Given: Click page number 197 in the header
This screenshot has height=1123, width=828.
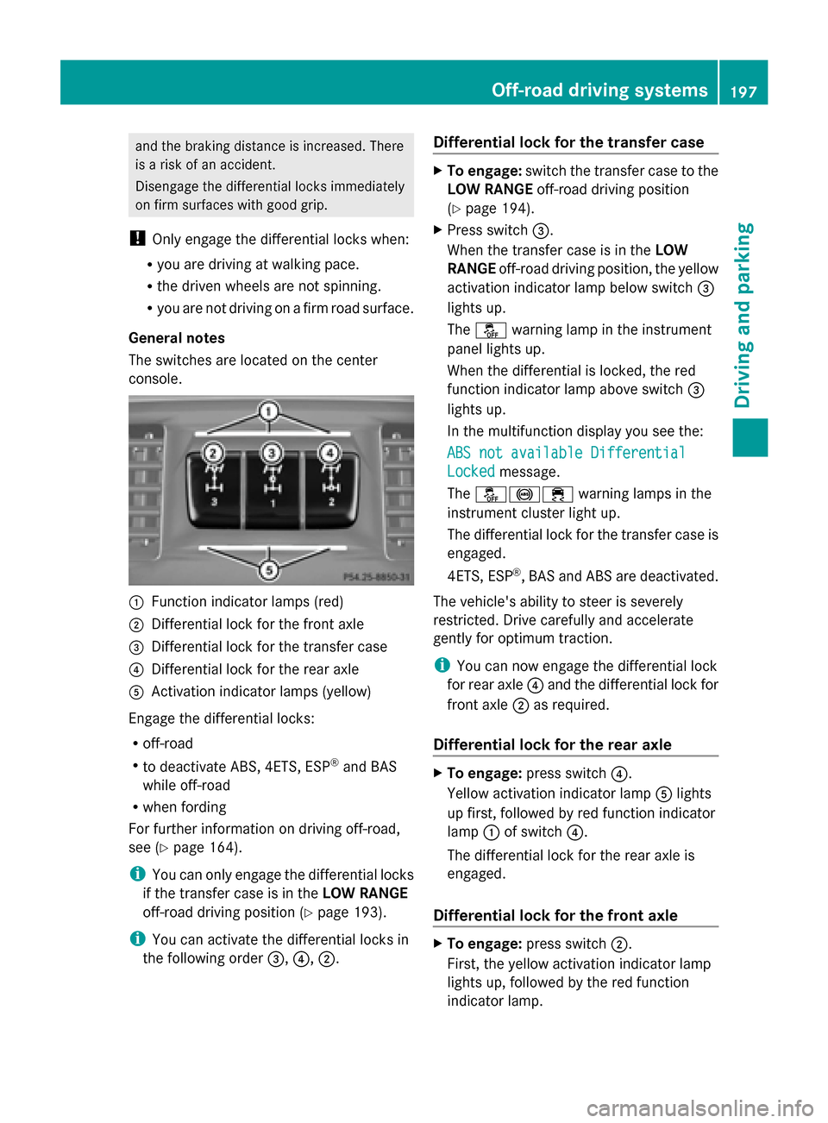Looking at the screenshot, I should pos(743,91).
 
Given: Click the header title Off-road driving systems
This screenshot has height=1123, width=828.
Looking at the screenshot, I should pos(599,90).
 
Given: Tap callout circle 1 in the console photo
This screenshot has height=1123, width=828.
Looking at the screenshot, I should pos(269,411).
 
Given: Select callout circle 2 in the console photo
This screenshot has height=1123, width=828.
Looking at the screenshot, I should pos(213,453).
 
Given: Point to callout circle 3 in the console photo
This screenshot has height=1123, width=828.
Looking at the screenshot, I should pos(271,453).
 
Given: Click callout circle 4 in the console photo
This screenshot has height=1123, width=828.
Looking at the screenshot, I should pos(329,453).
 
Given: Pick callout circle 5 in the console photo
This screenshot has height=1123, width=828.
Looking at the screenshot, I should pos(269,569).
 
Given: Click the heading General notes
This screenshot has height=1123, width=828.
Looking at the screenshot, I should pos(177,338).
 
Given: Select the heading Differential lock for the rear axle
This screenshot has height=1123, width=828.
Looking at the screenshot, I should pos(552,744).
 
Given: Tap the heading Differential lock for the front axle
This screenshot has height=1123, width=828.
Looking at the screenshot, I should pos(555,915).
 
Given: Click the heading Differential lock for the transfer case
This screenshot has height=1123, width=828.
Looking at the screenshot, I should pos(568,142).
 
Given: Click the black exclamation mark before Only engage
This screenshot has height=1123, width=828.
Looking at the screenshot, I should pos(136,239).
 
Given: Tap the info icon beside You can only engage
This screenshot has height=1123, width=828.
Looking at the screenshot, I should pos(136,875).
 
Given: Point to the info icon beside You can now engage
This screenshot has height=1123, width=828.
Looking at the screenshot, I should pos(442,665).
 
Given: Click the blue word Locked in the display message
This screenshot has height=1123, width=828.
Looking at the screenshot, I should pos(471,471).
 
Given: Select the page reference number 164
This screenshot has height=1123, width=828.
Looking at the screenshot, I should pos(222,847).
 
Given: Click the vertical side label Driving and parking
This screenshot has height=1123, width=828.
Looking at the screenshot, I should pos(743,315).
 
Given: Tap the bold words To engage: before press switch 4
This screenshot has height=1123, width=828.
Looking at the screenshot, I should pos(484,773).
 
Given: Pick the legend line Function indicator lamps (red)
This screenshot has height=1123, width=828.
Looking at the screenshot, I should pos(247,601).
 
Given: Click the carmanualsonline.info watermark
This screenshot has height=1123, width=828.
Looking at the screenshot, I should pos(699,1107).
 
